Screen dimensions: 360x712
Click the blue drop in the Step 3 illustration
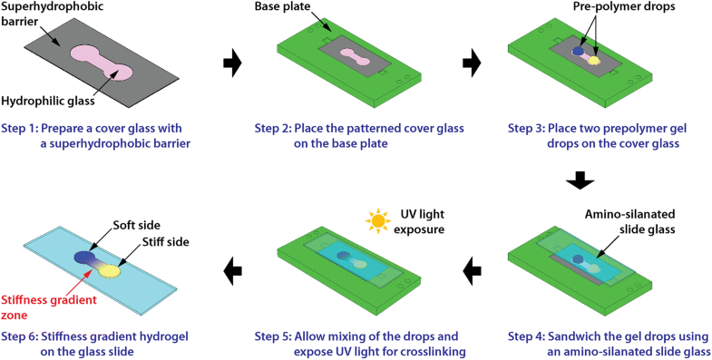tap(578, 52)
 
